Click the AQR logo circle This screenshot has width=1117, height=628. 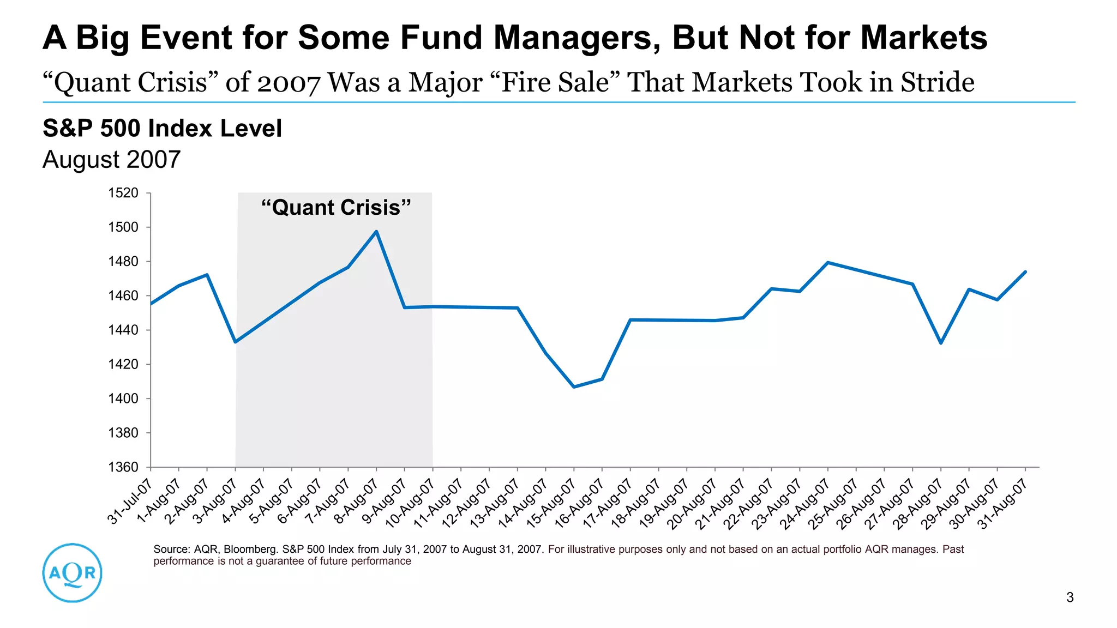(x=72, y=572)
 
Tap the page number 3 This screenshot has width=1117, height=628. (x=1070, y=597)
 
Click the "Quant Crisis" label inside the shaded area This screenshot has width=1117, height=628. (x=335, y=208)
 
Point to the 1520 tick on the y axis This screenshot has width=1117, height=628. (x=123, y=193)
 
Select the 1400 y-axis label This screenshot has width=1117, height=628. (x=123, y=398)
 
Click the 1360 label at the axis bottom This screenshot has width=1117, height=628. (x=123, y=467)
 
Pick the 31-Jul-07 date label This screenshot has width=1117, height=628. (x=129, y=501)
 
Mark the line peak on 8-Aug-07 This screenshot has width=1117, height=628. (x=376, y=232)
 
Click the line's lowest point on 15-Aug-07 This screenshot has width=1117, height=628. (x=574, y=387)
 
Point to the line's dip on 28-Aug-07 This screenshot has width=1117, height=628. (x=941, y=343)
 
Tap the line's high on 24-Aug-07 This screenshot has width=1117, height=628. (x=828, y=263)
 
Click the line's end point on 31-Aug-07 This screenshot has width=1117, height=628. (x=1025, y=271)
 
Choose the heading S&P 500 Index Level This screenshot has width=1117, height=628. (x=162, y=129)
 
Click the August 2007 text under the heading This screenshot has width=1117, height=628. (x=111, y=160)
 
